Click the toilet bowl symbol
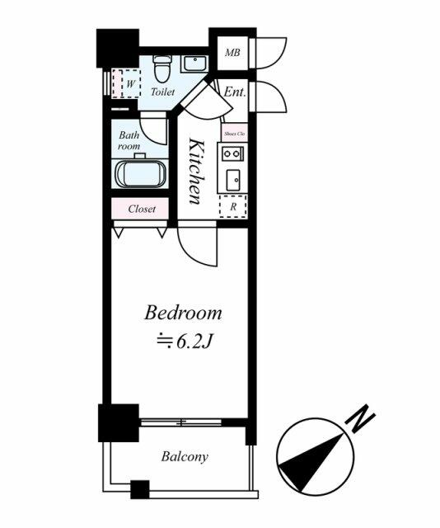click(162, 68)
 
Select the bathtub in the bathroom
click(140, 174)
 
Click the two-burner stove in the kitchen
click(232, 154)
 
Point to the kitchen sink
click(233, 180)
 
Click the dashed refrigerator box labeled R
click(233, 206)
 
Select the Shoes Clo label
click(235, 134)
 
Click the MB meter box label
click(232, 53)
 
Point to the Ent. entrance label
click(235, 92)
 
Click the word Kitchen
click(196, 171)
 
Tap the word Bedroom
click(183, 313)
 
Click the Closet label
click(142, 209)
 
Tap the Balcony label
click(185, 456)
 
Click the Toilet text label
click(162, 92)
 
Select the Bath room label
click(129, 141)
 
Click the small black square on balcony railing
click(139, 489)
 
